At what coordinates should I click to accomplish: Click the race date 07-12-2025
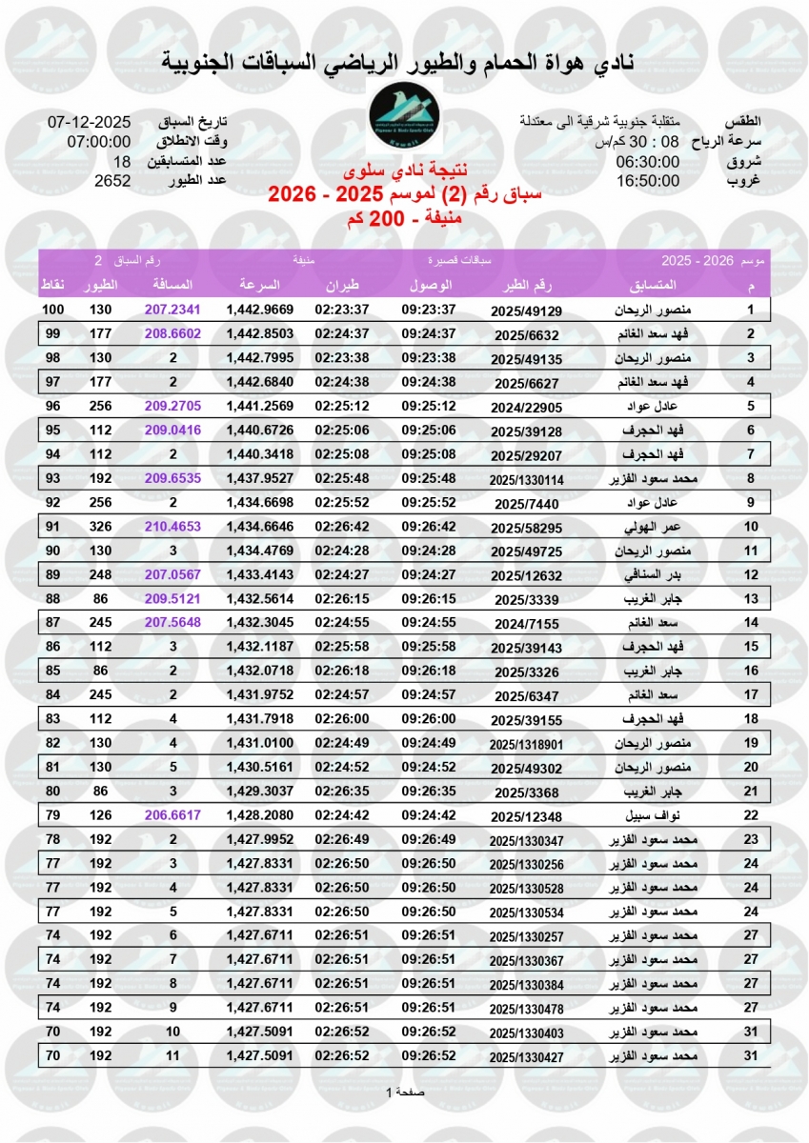point(89,123)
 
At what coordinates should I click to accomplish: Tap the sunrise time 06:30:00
point(648,161)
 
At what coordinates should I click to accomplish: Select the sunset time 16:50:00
point(648,180)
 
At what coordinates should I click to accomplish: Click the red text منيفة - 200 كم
point(404,218)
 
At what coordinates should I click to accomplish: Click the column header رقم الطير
point(527,286)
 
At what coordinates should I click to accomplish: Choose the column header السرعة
point(259,286)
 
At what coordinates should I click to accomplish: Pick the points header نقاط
point(52,286)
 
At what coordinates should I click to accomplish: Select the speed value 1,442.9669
point(259,310)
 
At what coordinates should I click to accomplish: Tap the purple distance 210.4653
point(173,526)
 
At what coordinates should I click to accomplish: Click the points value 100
point(53,310)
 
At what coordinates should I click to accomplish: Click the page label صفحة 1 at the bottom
point(405,1092)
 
